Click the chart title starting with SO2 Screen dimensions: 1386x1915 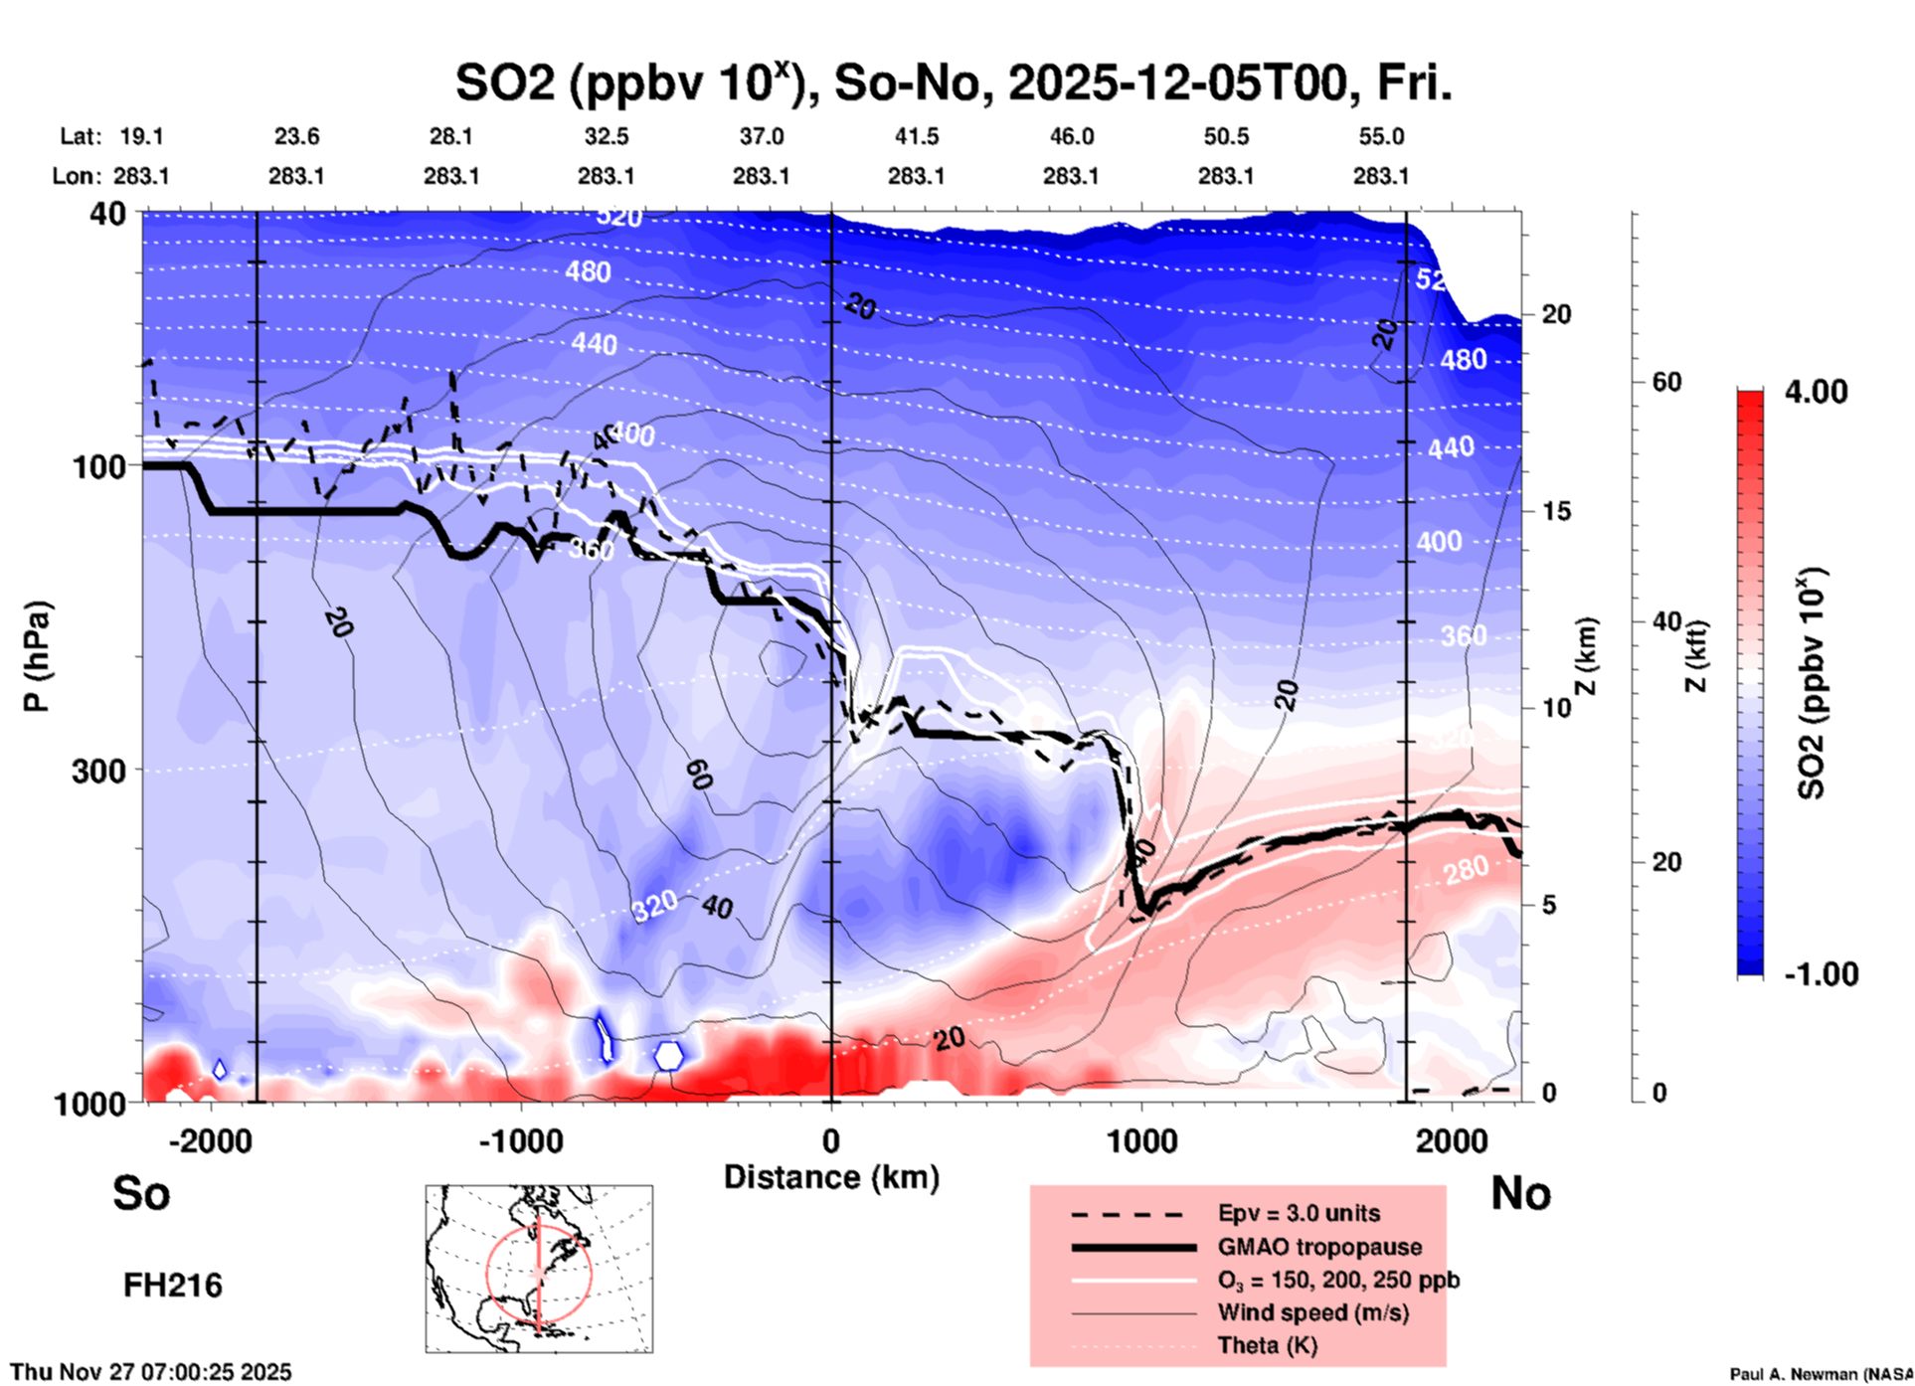click(954, 83)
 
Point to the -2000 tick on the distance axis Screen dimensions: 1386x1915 click(211, 1140)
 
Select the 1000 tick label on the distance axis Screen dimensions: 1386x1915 click(1141, 1140)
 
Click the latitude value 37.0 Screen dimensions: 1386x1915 click(761, 136)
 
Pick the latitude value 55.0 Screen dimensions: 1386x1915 click(1380, 136)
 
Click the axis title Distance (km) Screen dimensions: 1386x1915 click(831, 1177)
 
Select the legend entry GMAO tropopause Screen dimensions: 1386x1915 click(1319, 1247)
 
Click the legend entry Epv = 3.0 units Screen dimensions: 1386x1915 click(1299, 1213)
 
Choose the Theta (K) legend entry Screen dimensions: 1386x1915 click(1267, 1345)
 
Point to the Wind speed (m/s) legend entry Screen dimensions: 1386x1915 click(1312, 1312)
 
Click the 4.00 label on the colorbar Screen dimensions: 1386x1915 click(1816, 392)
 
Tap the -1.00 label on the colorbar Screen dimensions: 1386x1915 click(1821, 974)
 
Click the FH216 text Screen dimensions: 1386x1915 click(173, 1286)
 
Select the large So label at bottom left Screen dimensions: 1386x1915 click(141, 1193)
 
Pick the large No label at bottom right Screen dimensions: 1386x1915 click(1520, 1193)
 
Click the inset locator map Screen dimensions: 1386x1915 click(539, 1269)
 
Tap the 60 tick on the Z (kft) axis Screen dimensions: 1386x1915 click(1666, 382)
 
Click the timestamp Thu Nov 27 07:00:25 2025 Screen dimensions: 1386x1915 click(151, 1372)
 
